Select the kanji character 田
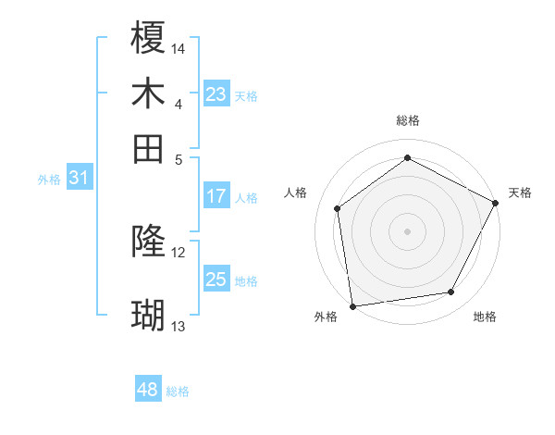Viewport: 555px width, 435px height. (148, 148)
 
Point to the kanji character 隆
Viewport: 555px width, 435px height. (148, 242)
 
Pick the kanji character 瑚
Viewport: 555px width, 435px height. (148, 316)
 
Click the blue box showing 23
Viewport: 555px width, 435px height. (216, 93)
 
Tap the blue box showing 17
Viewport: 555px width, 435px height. (216, 196)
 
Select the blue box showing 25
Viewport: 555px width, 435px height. (216, 280)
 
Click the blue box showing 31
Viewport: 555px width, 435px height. (79, 179)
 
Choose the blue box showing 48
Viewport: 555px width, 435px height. (147, 390)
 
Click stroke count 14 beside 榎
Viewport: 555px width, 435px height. (179, 48)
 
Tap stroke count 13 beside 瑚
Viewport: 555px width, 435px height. (179, 327)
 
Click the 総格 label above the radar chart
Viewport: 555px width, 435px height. (408, 120)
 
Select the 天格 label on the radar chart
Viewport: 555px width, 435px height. (520, 193)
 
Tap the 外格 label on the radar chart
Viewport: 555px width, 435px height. (326, 317)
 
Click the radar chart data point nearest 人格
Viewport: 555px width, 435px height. (338, 208)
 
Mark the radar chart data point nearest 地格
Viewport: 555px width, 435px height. (451, 292)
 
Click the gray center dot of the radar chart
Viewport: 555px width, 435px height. (407, 230)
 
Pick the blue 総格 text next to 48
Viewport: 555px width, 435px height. (178, 391)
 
